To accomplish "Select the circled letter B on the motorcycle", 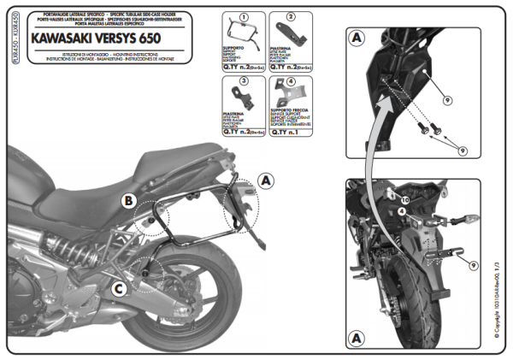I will (127, 202).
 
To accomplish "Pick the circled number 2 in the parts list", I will (290, 16).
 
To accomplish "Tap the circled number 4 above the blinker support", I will (290, 82).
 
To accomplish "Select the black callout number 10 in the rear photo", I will (405, 200).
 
